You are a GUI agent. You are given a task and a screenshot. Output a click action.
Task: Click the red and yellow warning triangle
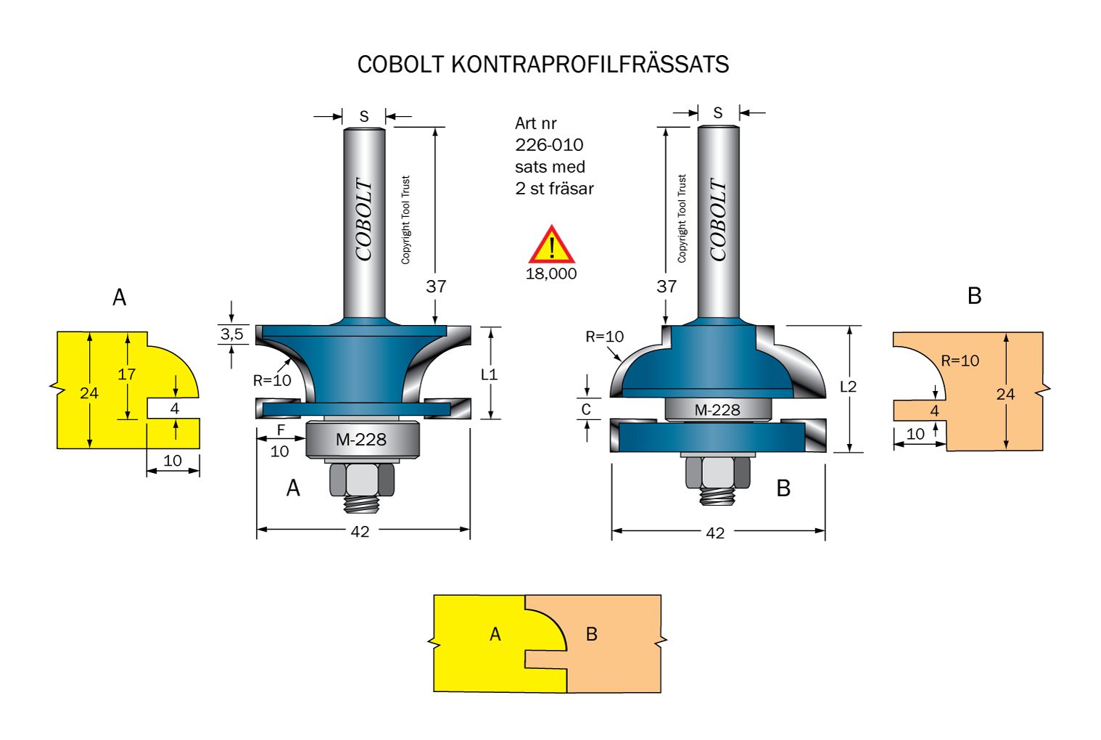coord(551,245)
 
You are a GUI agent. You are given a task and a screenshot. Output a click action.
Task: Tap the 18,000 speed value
coord(551,274)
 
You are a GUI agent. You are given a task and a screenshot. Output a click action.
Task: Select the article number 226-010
coord(549,145)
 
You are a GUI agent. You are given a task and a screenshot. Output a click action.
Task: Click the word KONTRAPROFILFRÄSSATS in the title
coord(590,65)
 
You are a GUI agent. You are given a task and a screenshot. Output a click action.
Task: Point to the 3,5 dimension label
coord(231,334)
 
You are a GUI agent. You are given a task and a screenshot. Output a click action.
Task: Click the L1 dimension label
coord(489,374)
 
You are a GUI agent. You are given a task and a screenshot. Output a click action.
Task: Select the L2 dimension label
coord(848,387)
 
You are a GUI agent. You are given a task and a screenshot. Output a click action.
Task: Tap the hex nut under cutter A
coord(362,480)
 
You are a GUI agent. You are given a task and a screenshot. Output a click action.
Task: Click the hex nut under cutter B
coord(717,472)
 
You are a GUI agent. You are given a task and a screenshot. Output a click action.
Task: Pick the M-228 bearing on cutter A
coord(362,440)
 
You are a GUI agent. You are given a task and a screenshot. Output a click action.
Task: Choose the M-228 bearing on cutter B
coord(717,410)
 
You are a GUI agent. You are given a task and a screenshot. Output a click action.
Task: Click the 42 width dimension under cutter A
coord(360,532)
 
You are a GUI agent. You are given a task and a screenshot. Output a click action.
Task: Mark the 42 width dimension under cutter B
coord(715,533)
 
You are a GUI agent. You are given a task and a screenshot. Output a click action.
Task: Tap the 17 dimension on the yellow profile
coord(126,374)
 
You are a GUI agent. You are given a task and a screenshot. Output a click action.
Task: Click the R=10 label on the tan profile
coord(960,361)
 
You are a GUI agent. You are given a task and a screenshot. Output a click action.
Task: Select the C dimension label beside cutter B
coord(586,410)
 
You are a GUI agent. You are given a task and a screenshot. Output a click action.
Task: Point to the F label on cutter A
coord(281,430)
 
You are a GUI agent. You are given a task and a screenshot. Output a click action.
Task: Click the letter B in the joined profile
coord(592,634)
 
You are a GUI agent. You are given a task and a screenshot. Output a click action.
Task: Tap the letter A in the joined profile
coord(495,634)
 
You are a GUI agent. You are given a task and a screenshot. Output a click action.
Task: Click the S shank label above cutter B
coord(718,113)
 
